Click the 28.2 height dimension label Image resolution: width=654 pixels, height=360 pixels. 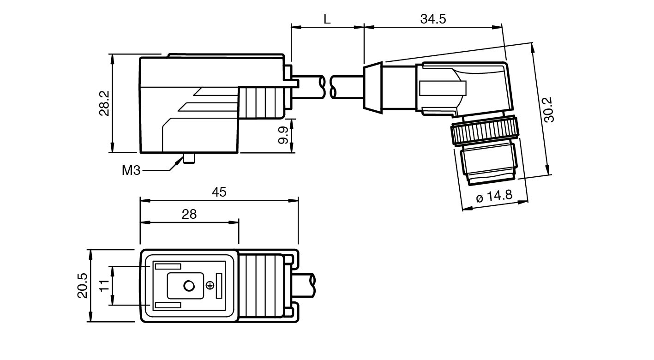pos(104,103)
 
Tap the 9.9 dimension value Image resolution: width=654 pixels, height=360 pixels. pos(283,135)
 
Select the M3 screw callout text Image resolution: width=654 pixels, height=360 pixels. pos(131,171)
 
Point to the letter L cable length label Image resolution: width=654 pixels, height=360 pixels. pos(327,19)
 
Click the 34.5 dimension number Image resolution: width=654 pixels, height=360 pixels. pos(432,19)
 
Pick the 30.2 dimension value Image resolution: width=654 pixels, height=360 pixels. pos(549,109)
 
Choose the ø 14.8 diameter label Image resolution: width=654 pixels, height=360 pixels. pos(493,196)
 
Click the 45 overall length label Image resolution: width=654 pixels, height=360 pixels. pos(220,192)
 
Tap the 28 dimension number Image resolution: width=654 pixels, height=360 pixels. pos(189,214)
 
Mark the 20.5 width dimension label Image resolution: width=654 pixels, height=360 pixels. pos(82,286)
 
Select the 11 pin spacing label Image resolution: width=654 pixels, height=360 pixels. pos(104,286)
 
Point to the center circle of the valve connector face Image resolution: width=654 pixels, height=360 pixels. pos(189,287)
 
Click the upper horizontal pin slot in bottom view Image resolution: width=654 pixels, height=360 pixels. pos(168,266)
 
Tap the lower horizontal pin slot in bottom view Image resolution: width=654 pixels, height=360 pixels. pos(168,306)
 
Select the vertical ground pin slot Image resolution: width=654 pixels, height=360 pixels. pos(219,286)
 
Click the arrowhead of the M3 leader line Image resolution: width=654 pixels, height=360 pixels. pos(179,161)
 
